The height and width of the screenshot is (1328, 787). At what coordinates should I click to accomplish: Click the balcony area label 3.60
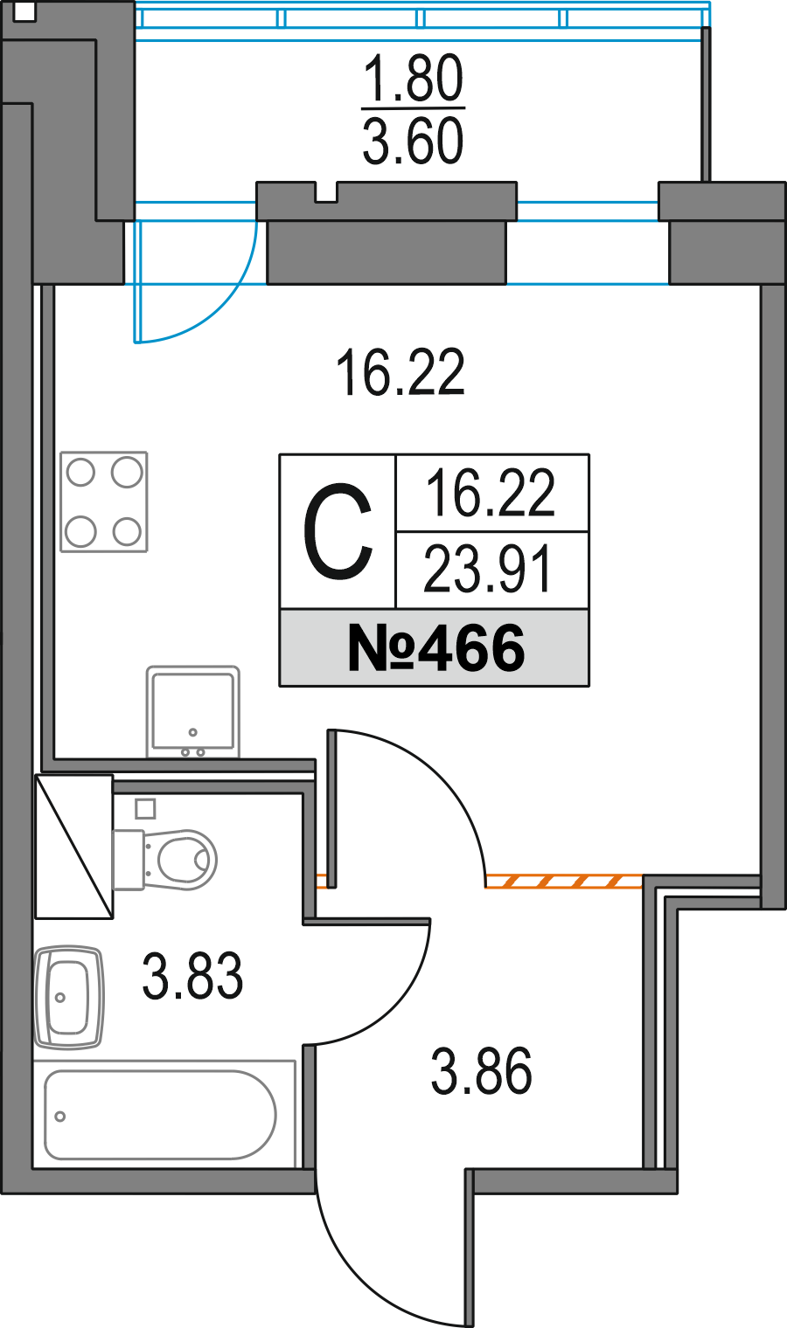413,142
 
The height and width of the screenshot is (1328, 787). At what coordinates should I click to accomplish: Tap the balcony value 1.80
413,80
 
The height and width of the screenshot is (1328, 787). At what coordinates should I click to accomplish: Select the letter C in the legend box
338,532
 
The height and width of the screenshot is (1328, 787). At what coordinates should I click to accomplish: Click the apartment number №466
435,648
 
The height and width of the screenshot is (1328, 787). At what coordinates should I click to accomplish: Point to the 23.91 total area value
489,570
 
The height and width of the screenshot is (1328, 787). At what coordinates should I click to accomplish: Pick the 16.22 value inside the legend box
490,494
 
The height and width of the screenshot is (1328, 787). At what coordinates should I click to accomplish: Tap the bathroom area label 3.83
192,976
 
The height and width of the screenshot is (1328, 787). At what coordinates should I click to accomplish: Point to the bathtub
162,1115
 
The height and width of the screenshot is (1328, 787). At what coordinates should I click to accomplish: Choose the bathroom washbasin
70,996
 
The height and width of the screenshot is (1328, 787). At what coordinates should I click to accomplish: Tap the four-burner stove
104,501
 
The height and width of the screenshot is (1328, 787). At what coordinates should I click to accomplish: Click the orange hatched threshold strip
564,881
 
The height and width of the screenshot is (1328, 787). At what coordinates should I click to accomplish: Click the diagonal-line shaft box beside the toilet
74,846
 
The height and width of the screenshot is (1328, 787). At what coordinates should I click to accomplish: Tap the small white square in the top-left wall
25,12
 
